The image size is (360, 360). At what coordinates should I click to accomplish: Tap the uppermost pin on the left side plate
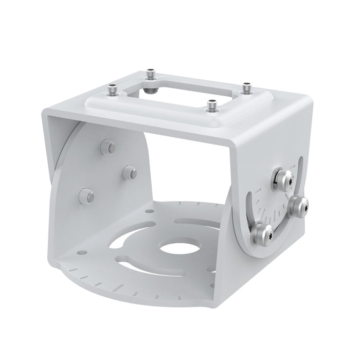(x=107, y=146)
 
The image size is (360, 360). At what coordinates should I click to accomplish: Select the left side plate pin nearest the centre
(x=128, y=172)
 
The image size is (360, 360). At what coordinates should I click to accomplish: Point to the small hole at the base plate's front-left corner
(x=81, y=253)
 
